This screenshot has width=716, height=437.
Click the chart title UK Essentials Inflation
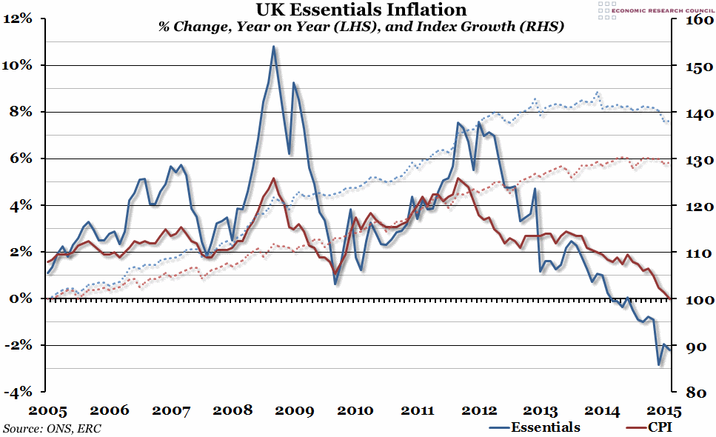tap(361, 10)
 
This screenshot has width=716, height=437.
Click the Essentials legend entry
tap(535, 427)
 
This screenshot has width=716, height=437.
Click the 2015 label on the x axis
tap(663, 410)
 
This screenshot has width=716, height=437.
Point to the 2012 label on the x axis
tap(478, 410)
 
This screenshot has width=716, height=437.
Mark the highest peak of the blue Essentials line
tap(273, 47)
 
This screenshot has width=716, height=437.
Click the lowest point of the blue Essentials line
tap(659, 364)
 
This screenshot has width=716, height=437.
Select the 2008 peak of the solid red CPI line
tap(274, 179)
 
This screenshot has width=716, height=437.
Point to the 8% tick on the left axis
tap(22, 112)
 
